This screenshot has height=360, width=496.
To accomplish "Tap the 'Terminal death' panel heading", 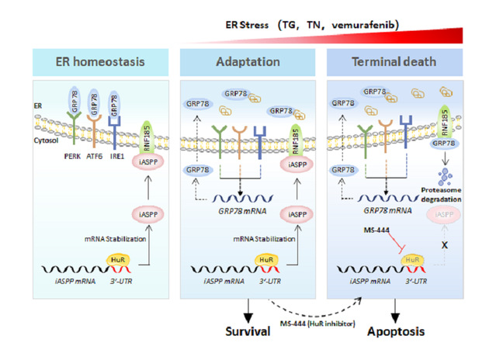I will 398,62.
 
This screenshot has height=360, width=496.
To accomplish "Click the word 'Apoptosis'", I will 396,333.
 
